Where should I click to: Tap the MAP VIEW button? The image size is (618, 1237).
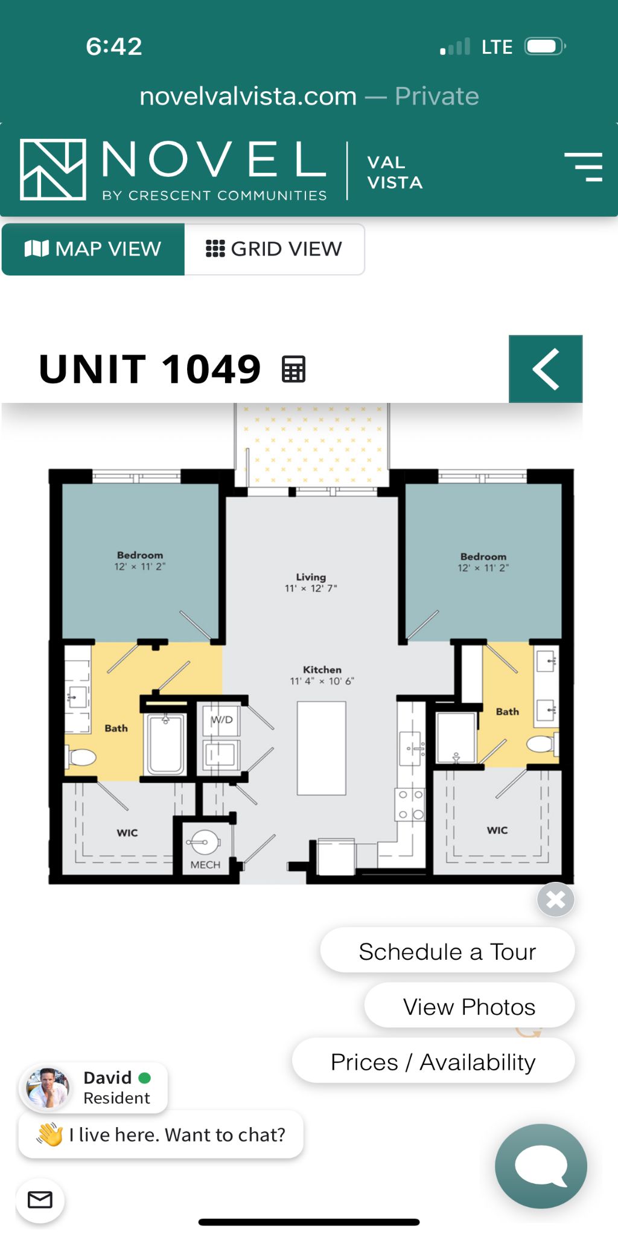[x=93, y=249]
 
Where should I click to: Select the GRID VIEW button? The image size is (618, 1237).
[x=274, y=249]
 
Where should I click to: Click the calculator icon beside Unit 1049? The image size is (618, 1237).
[x=294, y=369]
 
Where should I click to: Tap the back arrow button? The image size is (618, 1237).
[x=546, y=368]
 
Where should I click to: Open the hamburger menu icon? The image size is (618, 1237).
[x=584, y=167]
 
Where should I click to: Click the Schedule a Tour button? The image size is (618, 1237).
[x=447, y=951]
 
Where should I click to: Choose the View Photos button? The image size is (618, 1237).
[x=469, y=1006]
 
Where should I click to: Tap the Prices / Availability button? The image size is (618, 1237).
[x=433, y=1061]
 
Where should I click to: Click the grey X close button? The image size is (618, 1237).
[x=556, y=899]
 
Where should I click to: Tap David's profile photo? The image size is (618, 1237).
[x=47, y=1088]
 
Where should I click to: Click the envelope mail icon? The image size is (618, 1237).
[x=40, y=1200]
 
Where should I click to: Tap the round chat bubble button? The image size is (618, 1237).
[x=541, y=1166]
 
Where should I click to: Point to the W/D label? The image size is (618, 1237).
[x=221, y=719]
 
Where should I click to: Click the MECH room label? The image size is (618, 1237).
[x=205, y=864]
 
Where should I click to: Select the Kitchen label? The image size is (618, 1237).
[x=322, y=669]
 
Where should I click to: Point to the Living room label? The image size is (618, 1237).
[x=311, y=577]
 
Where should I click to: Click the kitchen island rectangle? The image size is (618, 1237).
[x=322, y=748]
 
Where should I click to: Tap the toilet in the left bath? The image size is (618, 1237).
[x=81, y=757]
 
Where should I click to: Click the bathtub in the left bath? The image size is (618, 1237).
[x=165, y=744]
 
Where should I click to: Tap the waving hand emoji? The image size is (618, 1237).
[x=50, y=1134]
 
